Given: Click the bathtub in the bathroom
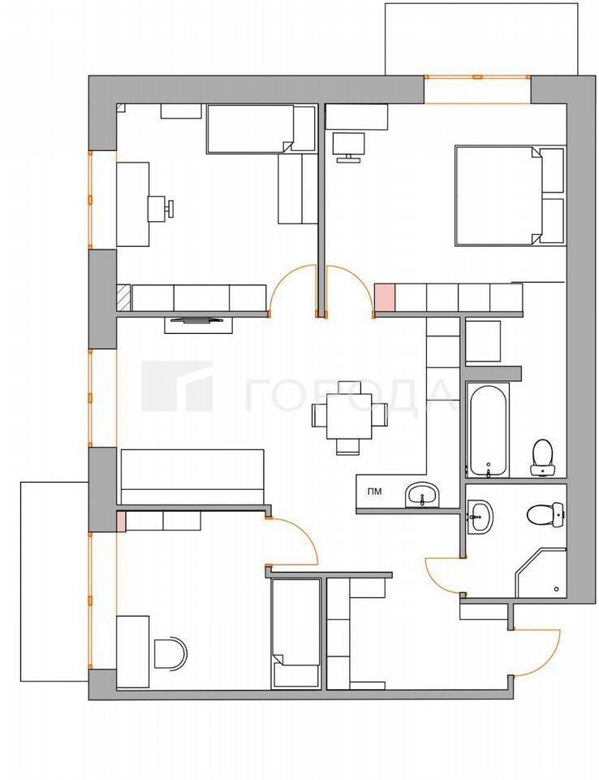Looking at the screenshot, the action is click(x=489, y=429).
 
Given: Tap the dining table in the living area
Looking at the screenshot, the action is click(x=350, y=416).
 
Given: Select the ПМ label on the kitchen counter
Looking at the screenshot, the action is click(x=375, y=492).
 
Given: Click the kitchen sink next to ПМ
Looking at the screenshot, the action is click(x=423, y=495).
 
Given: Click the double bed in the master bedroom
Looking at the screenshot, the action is click(x=510, y=196).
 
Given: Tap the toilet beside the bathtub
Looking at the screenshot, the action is click(x=542, y=457).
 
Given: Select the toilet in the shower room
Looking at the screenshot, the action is click(x=546, y=514).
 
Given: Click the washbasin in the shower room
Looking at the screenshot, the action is click(x=480, y=517).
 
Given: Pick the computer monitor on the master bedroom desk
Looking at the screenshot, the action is click(x=349, y=147).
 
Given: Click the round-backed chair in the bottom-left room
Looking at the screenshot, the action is click(x=170, y=653).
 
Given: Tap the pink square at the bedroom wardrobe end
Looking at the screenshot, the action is click(x=384, y=297).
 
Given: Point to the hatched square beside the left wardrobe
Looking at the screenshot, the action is click(x=123, y=298).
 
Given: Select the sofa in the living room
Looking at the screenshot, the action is click(x=192, y=477).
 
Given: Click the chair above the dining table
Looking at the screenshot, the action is click(x=350, y=387).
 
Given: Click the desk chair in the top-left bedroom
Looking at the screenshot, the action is click(x=161, y=208).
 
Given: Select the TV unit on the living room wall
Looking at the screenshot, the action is click(x=198, y=324).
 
